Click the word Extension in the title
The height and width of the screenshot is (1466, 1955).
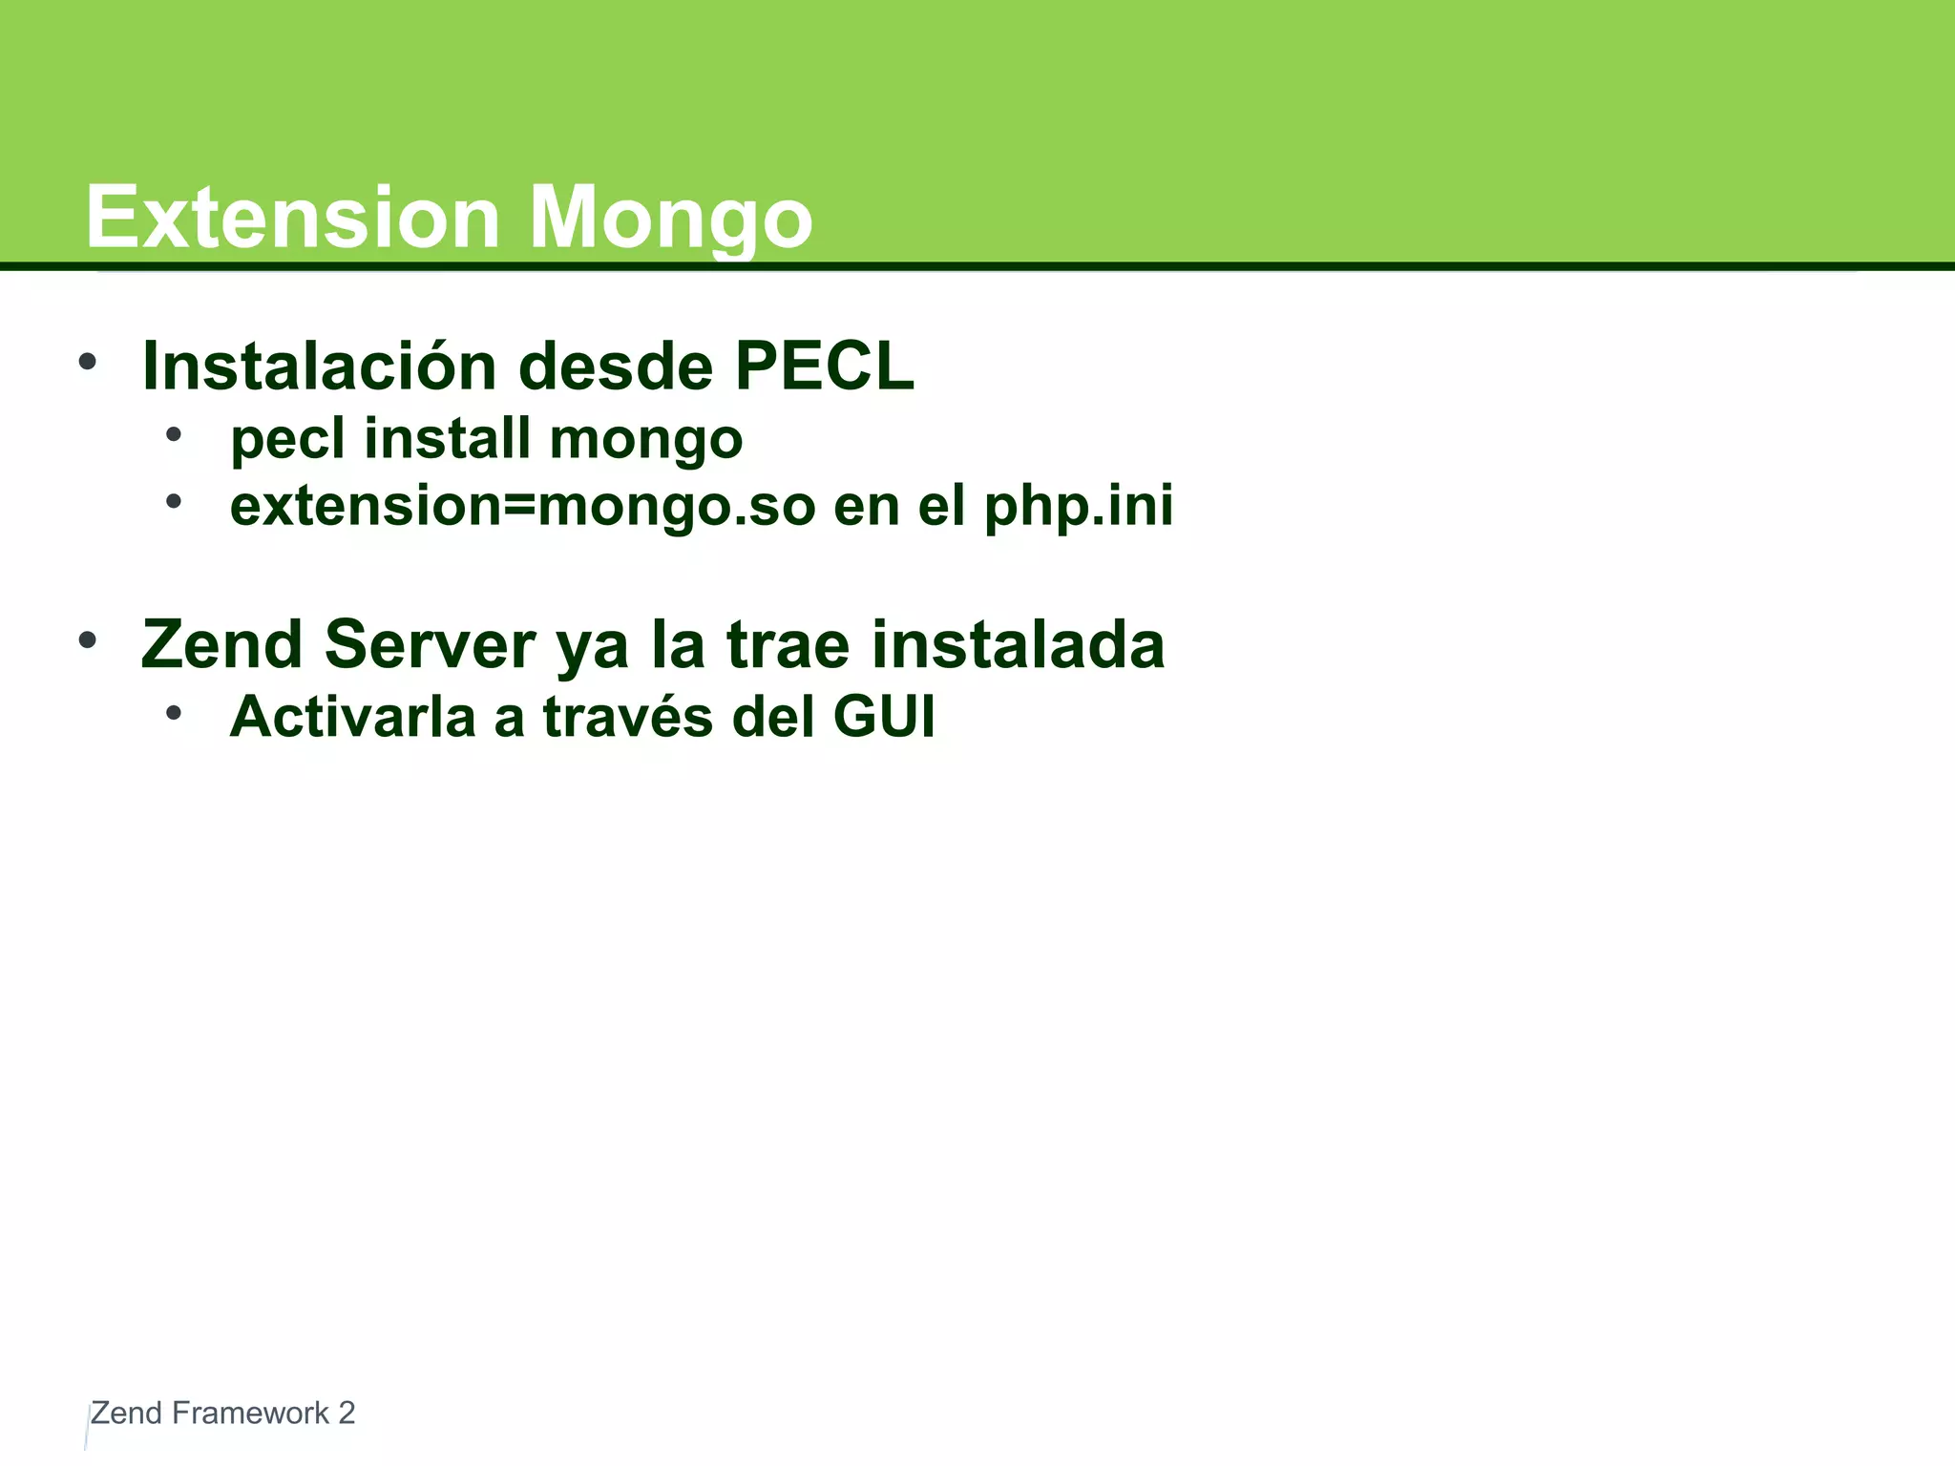292,219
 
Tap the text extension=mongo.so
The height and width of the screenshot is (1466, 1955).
523,507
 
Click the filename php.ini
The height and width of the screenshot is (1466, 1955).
1078,507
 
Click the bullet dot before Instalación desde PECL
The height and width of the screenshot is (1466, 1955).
88,362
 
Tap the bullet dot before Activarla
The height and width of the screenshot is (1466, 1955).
173,713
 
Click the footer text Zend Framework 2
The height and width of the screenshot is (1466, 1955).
222,1413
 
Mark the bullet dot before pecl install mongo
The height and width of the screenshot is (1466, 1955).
173,435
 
